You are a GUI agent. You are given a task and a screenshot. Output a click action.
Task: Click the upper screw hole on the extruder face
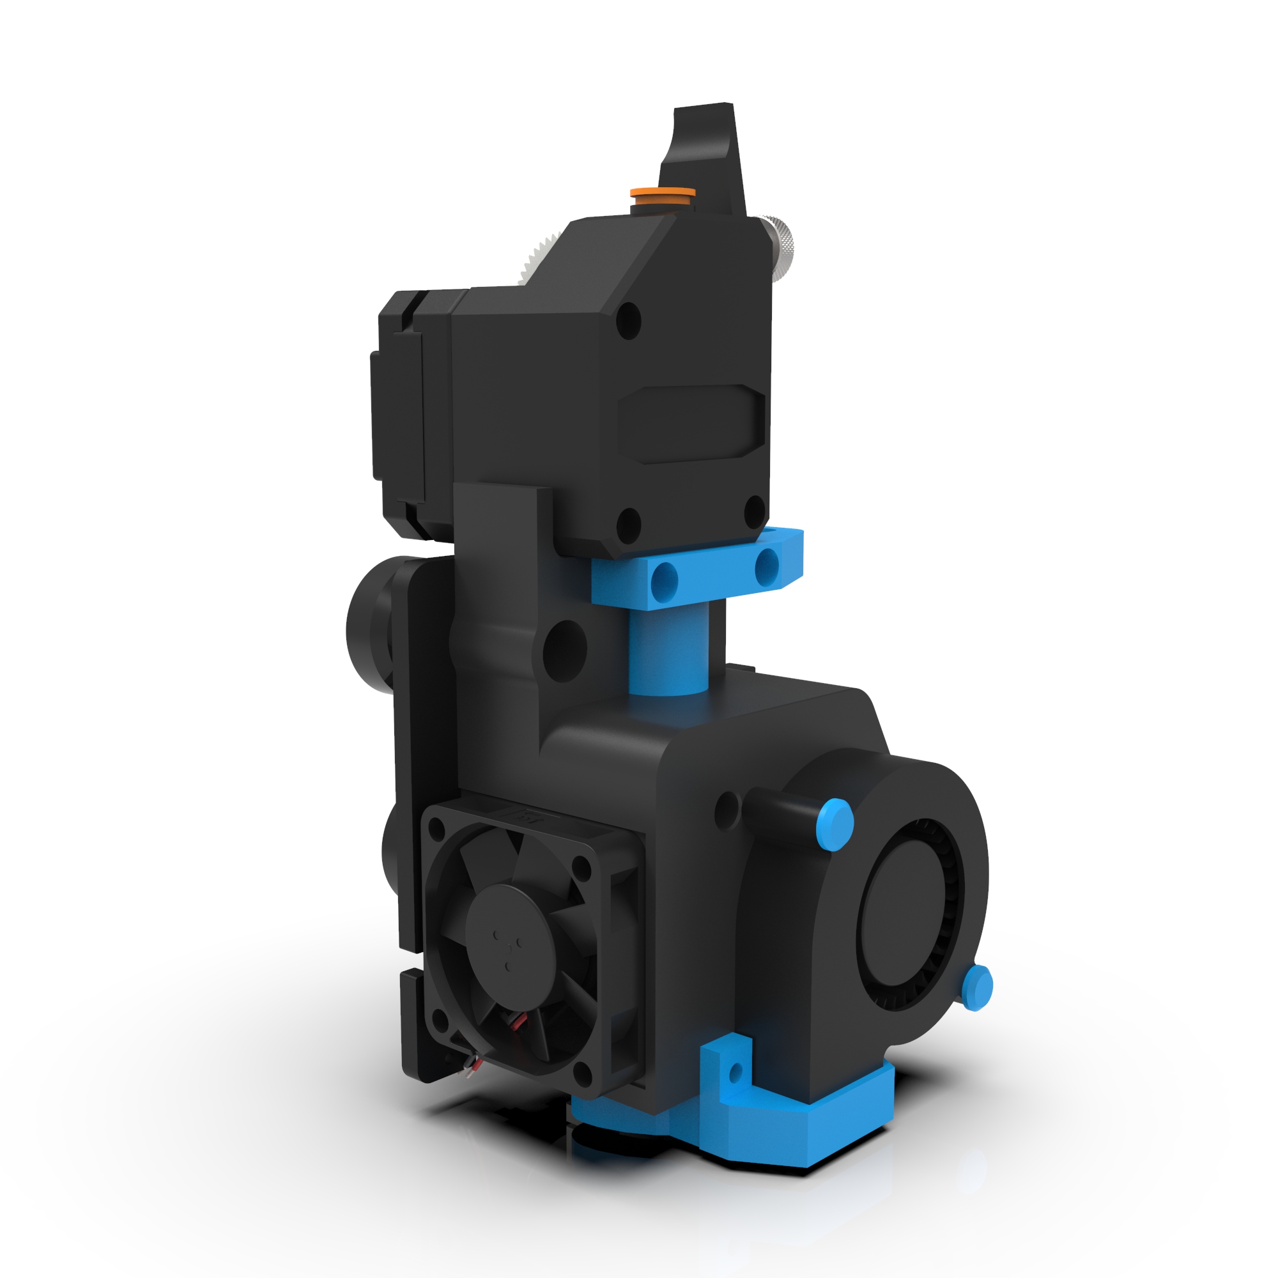pos(627,319)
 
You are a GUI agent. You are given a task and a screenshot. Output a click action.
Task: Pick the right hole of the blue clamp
pos(767,563)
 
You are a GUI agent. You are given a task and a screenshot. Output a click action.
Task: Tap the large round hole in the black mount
pos(564,651)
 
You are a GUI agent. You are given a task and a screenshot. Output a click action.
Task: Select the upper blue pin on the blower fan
pos(834,824)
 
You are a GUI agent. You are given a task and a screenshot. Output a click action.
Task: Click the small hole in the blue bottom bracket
pos(736,1072)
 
